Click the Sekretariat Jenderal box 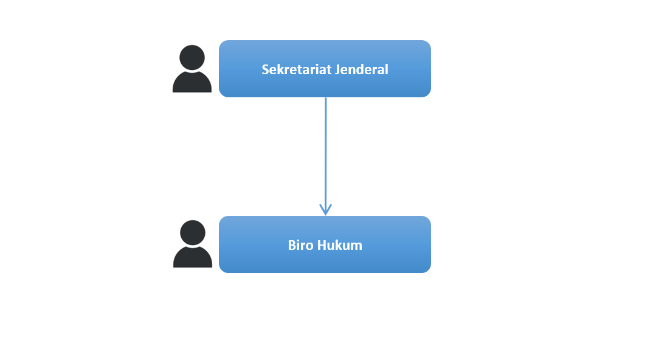325,69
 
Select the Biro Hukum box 325,244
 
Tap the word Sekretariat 291,69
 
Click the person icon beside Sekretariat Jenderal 192,69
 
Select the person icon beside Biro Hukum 193,244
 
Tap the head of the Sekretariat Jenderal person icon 192,58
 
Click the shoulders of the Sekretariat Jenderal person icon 192,83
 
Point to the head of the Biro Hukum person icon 193,233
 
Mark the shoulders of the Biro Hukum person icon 193,257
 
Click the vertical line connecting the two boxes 325,156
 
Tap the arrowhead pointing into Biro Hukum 325,210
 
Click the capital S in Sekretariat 265,69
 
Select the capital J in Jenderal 325,70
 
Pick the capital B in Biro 292,245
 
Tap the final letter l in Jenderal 387,69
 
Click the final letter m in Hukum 357,246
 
